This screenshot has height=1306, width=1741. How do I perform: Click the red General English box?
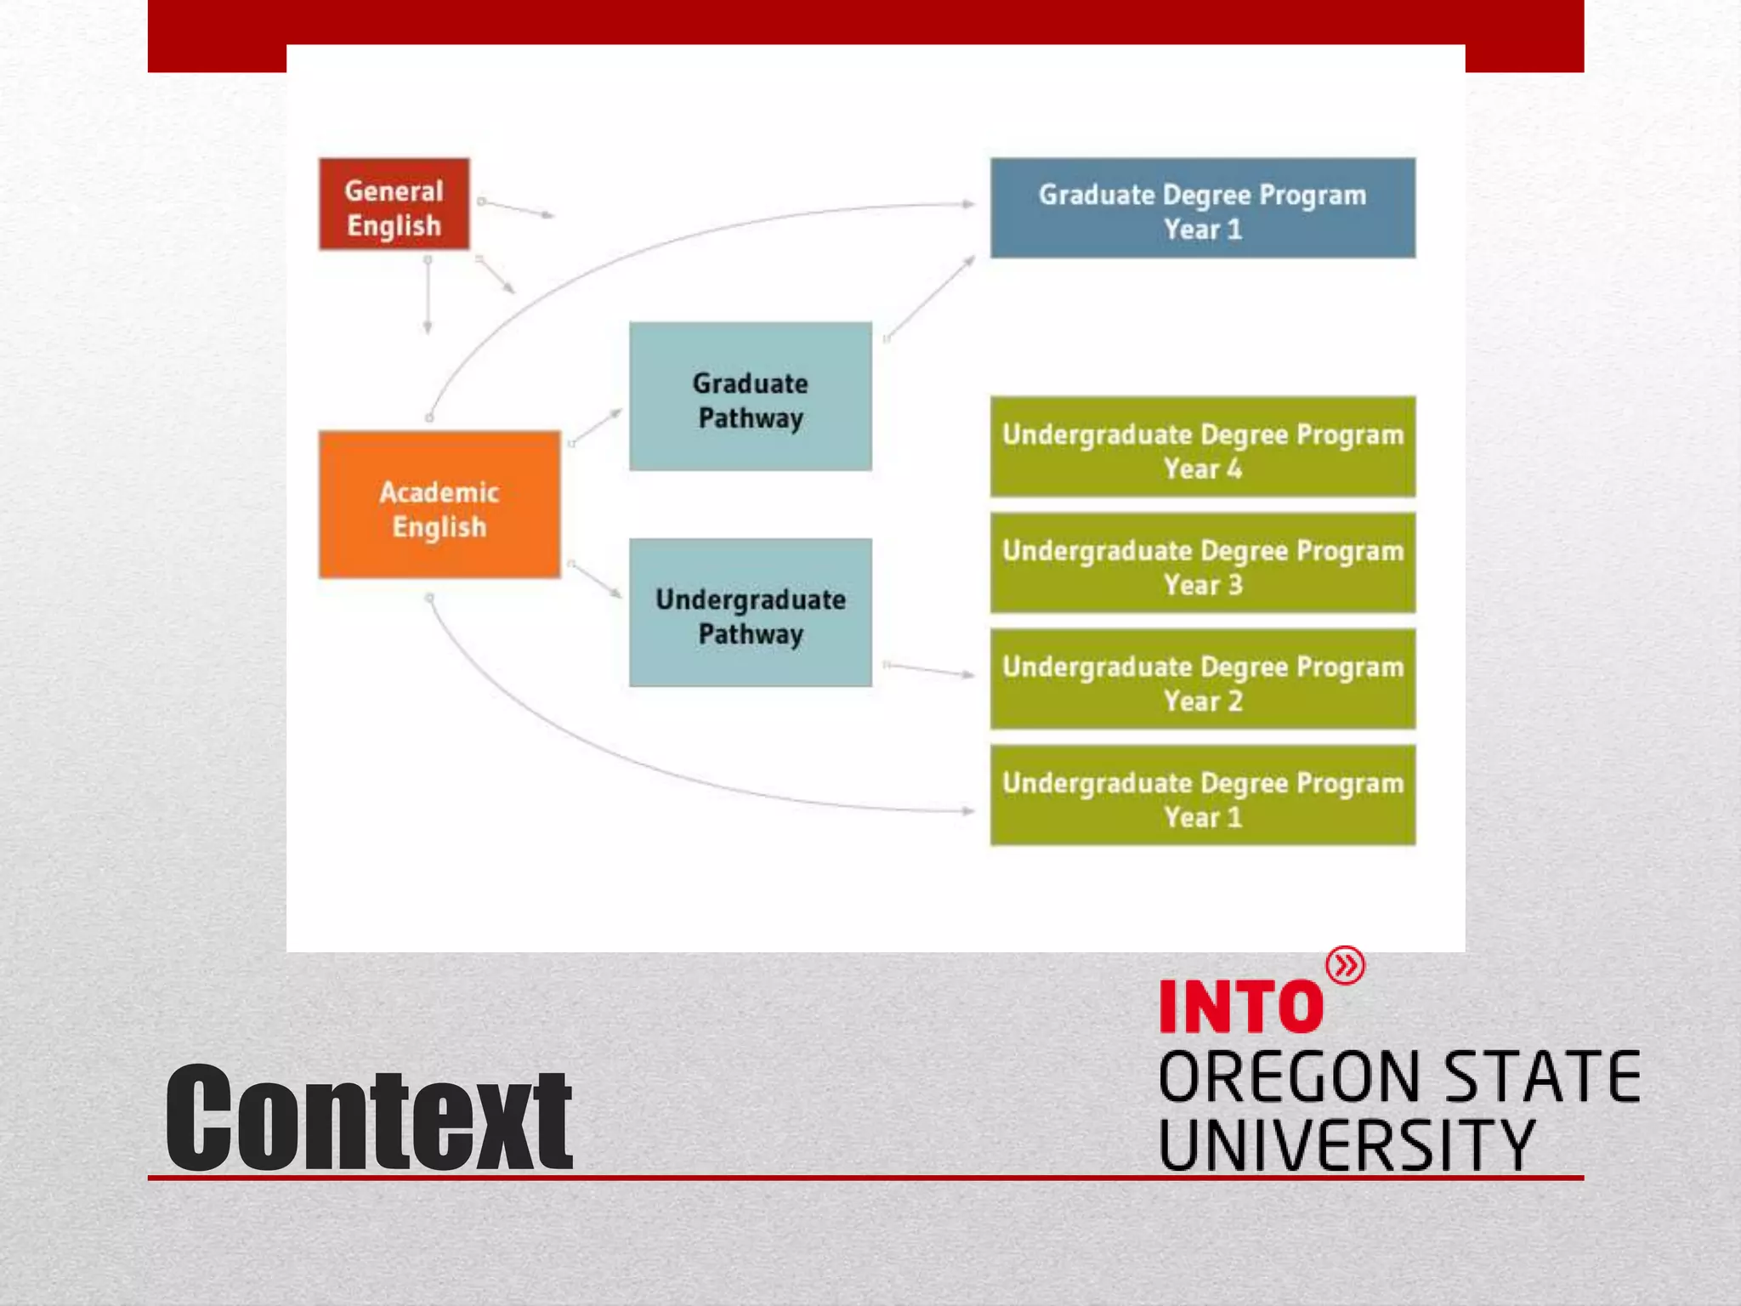click(394, 205)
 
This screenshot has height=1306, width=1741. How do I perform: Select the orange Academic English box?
click(439, 506)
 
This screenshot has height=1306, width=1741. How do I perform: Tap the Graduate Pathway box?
click(750, 397)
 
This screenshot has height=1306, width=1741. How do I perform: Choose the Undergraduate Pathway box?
click(750, 613)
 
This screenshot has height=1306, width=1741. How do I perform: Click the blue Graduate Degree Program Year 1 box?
click(1202, 208)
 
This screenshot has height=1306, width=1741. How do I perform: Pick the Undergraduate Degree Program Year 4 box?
click(1202, 447)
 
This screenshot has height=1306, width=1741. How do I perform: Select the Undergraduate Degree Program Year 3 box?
click(1202, 564)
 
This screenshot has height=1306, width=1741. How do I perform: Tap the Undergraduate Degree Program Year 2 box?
click(1202, 680)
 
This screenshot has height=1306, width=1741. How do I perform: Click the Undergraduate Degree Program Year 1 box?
click(1202, 796)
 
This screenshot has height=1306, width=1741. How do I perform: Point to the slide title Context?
click(368, 1118)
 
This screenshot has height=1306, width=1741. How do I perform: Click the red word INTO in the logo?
click(1240, 1007)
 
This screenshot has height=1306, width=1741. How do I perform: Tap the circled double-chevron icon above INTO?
click(1345, 966)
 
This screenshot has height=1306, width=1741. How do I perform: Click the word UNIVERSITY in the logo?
click(1347, 1144)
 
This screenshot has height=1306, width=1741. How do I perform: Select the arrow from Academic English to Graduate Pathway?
click(597, 426)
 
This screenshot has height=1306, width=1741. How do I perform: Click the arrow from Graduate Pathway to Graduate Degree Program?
click(930, 297)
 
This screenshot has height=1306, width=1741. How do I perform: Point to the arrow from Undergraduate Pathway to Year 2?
click(929, 669)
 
